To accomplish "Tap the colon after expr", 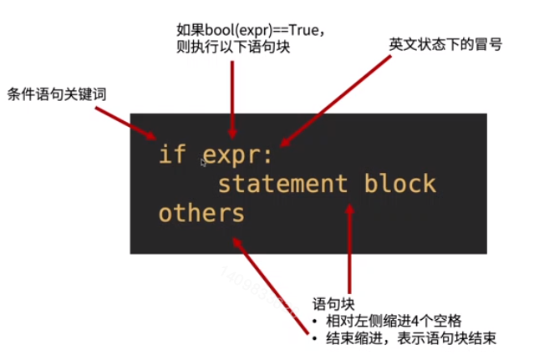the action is click(280, 155).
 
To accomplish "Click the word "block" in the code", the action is click(399, 183).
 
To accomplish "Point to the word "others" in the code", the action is click(201, 212).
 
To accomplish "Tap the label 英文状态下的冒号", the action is click(445, 43).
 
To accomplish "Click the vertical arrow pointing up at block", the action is click(350, 242).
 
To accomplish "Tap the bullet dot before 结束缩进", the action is click(315, 339).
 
